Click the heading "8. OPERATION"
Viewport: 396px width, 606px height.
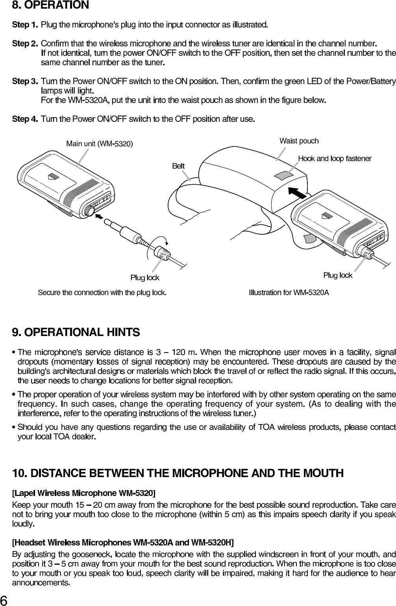click(x=51, y=6)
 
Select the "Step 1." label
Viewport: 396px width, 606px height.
click(x=26, y=25)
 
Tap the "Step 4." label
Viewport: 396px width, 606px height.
click(x=26, y=119)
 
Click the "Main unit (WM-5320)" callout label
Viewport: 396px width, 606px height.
click(x=100, y=144)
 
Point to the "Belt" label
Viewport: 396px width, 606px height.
click(x=178, y=166)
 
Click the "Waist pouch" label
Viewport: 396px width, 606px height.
click(x=299, y=141)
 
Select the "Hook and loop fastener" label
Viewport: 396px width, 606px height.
click(x=335, y=158)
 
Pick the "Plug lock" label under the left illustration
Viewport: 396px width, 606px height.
click(x=145, y=278)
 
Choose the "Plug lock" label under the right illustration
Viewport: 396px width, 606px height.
click(x=338, y=275)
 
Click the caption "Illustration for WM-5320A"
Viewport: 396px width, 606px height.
click(x=289, y=293)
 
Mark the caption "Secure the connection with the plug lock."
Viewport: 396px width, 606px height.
click(x=102, y=293)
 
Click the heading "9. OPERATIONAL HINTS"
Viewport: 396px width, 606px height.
click(x=76, y=332)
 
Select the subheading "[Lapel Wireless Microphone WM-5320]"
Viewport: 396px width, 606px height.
click(x=84, y=493)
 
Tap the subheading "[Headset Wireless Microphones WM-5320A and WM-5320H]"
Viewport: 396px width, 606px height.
click(x=123, y=543)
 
